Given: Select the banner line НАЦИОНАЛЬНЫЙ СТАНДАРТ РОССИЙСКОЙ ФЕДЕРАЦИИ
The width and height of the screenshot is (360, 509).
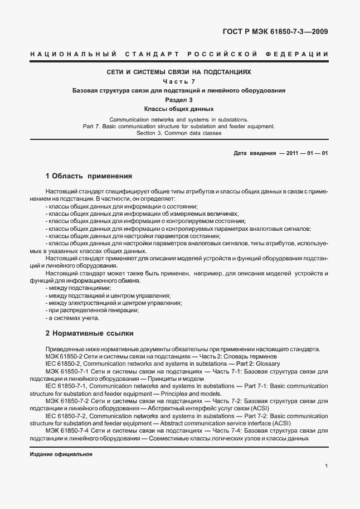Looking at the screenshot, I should pyautogui.click(x=179, y=54).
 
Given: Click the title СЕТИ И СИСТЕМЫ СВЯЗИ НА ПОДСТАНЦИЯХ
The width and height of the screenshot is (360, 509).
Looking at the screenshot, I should pyautogui.click(x=179, y=72).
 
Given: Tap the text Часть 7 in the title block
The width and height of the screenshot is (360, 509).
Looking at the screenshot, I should pyautogui.click(x=179, y=81).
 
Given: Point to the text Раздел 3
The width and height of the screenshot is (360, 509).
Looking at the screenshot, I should pyautogui.click(x=179, y=99).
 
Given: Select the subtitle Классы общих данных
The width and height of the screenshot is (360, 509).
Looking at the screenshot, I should pyautogui.click(x=179, y=109).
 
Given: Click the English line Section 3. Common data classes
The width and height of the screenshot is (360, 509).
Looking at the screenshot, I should pyautogui.click(x=179, y=133).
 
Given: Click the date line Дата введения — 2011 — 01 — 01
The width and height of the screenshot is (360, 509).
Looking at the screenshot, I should pyautogui.click(x=280, y=153).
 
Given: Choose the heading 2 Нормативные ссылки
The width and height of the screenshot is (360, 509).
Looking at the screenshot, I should pyautogui.click(x=89, y=333).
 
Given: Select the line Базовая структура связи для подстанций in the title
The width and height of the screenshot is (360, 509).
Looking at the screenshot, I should pyautogui.click(x=179, y=90).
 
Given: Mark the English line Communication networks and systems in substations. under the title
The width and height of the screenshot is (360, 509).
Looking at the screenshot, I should pyautogui.click(x=179, y=119).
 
